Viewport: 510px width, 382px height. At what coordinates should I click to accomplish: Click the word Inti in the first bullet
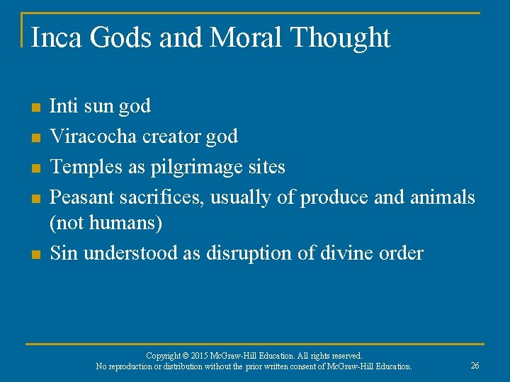click(64, 106)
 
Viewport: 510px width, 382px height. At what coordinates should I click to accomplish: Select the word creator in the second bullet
click(171, 136)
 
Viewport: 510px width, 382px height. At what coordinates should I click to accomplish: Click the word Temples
click(84, 166)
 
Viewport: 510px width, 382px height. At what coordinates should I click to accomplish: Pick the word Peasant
click(80, 197)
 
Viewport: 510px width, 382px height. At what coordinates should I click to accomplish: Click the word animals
click(443, 197)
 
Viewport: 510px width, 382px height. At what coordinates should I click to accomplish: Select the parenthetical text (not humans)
click(106, 224)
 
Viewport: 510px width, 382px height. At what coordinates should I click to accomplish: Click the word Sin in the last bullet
click(64, 253)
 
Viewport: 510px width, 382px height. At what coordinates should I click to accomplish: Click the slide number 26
click(475, 366)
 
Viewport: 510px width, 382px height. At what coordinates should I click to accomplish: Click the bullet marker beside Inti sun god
click(35, 108)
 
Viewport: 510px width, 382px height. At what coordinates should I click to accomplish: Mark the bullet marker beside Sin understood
click(35, 254)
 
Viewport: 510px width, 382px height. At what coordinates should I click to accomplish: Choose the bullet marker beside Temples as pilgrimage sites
click(35, 168)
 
